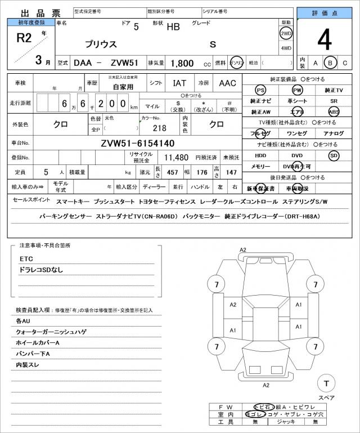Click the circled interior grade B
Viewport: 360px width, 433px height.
331,63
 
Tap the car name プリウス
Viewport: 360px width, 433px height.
101,43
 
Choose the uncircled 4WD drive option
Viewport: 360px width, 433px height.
286,48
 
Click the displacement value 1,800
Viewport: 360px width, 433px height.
183,63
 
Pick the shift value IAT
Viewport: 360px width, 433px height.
179,83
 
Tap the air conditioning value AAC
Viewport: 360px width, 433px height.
228,83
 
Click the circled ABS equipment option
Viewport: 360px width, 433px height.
334,111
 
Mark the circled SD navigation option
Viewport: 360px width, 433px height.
334,155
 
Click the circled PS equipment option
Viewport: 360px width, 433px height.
260,90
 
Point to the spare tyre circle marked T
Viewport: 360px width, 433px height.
326,383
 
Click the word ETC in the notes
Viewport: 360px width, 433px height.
26,258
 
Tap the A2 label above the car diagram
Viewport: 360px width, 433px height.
243,249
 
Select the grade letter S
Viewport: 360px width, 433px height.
213,44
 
